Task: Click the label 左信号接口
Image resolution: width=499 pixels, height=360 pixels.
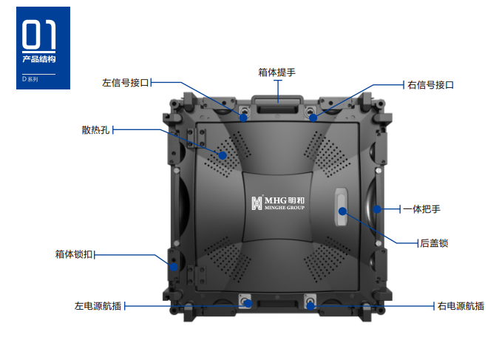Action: click(126, 83)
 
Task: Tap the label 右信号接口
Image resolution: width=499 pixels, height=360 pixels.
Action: click(430, 85)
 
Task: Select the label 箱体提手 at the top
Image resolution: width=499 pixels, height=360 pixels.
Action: click(277, 72)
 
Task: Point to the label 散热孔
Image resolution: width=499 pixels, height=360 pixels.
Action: click(95, 130)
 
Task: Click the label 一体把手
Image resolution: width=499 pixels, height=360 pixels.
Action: click(421, 209)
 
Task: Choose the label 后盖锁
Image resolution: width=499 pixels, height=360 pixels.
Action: click(434, 243)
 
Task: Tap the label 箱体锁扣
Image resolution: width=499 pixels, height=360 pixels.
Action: click(74, 254)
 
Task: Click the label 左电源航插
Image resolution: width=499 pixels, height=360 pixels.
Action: click(98, 306)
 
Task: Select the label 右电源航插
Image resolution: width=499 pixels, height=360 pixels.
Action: click(461, 306)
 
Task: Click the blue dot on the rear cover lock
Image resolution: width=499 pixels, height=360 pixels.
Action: click(342, 211)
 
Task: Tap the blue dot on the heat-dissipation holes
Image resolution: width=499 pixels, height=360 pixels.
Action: click(223, 155)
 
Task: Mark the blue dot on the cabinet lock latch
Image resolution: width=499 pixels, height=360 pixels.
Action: click(174, 267)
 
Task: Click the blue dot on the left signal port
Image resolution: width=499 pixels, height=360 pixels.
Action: click(243, 118)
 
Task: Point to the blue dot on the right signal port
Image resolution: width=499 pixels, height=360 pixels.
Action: click(313, 118)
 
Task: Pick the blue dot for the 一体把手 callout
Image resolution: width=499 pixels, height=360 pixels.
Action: click(377, 209)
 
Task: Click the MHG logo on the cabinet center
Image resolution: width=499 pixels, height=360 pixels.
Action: click(278, 203)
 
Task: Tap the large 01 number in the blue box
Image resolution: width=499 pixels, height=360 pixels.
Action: click(39, 35)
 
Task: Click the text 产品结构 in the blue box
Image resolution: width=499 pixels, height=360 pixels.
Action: click(39, 59)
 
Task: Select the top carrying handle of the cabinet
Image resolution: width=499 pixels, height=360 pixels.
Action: click(277, 104)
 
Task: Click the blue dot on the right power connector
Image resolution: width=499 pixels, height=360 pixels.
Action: click(310, 306)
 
